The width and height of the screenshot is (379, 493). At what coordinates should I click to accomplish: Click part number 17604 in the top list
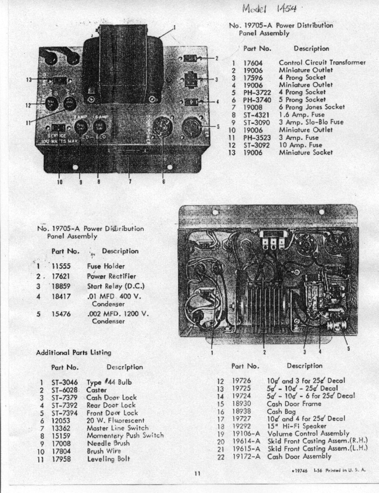(253, 63)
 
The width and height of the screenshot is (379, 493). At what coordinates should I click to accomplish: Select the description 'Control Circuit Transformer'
(322, 63)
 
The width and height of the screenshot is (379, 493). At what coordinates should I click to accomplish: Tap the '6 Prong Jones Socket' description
(312, 107)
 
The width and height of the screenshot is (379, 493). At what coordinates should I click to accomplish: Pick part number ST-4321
(256, 115)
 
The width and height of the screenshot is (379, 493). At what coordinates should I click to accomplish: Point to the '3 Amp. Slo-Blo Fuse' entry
(311, 122)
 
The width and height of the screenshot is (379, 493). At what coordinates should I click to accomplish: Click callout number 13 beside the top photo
(29, 79)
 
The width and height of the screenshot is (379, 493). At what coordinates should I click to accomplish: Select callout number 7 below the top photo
(130, 182)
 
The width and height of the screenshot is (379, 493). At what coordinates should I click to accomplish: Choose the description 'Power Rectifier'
(111, 276)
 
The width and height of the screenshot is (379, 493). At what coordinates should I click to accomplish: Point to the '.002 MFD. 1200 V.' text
(117, 314)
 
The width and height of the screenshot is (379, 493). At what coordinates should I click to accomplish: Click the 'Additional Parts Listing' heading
(73, 353)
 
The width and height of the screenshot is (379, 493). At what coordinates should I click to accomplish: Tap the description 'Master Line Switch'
(117, 428)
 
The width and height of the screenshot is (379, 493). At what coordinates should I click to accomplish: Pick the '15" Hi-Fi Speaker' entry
(296, 426)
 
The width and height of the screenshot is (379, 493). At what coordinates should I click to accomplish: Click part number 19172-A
(246, 456)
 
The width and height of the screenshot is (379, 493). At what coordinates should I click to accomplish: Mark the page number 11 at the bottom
(197, 474)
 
